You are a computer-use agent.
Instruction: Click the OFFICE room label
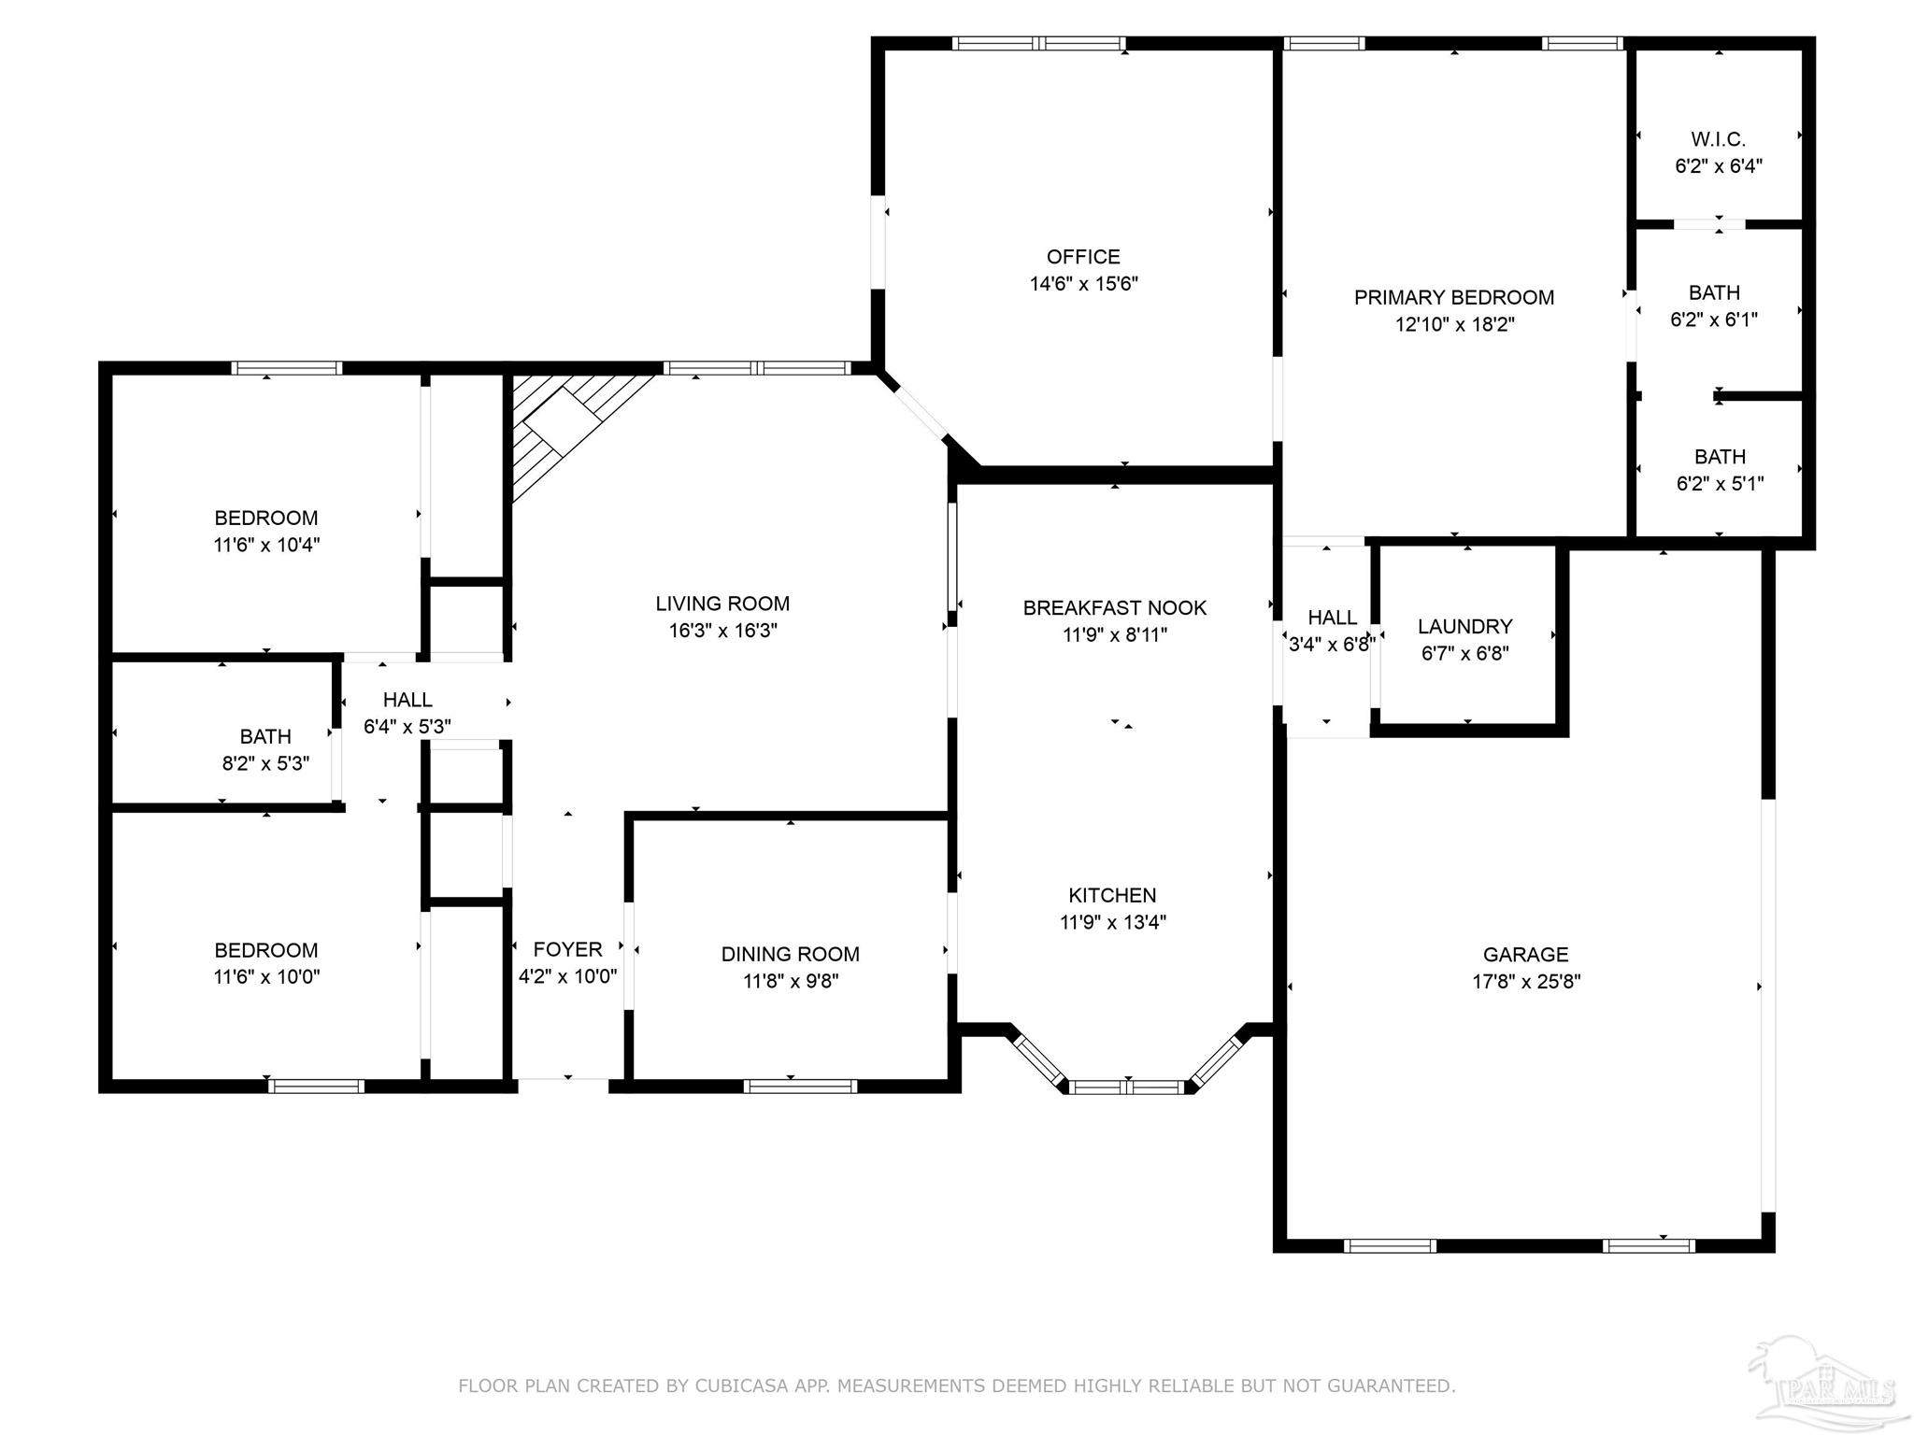[1083, 257]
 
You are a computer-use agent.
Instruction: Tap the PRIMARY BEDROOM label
[1454, 298]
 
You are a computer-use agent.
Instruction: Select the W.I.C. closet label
[1718, 140]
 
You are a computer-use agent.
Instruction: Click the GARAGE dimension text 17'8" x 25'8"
[1526, 982]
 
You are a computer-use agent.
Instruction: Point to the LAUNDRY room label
[1464, 627]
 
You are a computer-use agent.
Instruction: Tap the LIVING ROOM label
[722, 604]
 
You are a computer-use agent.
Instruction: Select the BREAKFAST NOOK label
[1115, 608]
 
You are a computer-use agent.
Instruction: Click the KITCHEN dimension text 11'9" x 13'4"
[1112, 923]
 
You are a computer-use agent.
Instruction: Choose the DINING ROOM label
[791, 955]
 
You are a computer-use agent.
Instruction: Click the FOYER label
[567, 950]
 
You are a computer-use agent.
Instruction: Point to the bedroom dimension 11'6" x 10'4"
[266, 546]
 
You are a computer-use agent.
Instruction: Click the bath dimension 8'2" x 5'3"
[265, 764]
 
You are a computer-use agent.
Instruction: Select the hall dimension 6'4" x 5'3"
[407, 727]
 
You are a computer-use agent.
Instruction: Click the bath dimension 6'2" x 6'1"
[1714, 320]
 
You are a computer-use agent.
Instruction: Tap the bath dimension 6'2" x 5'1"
[1720, 484]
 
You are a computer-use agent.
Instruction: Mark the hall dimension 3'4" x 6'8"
[1332, 645]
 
